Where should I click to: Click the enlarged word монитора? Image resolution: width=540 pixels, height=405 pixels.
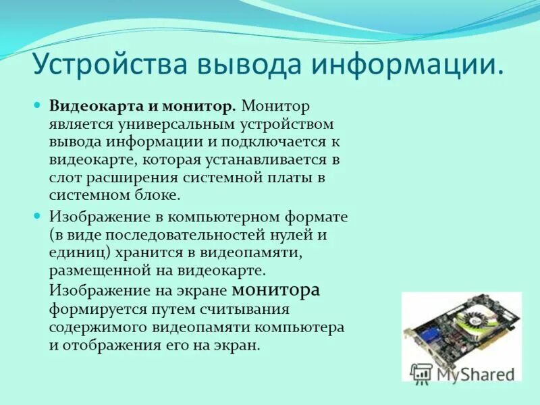275,290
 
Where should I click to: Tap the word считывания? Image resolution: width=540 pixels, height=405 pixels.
244,309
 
